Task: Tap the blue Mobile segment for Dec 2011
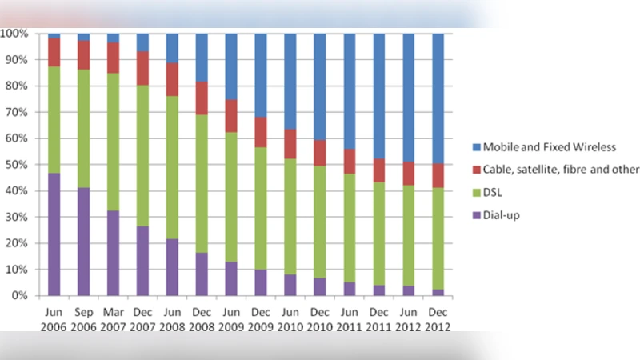point(378,96)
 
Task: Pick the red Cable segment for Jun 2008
point(172,79)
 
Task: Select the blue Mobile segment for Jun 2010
point(290,81)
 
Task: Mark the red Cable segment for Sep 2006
point(83,54)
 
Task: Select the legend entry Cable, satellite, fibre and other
point(553,169)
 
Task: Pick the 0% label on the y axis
point(19,296)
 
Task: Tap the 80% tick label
point(17,86)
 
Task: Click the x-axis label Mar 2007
point(113,320)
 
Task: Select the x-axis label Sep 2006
point(83,320)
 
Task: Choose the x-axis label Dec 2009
point(261,320)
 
